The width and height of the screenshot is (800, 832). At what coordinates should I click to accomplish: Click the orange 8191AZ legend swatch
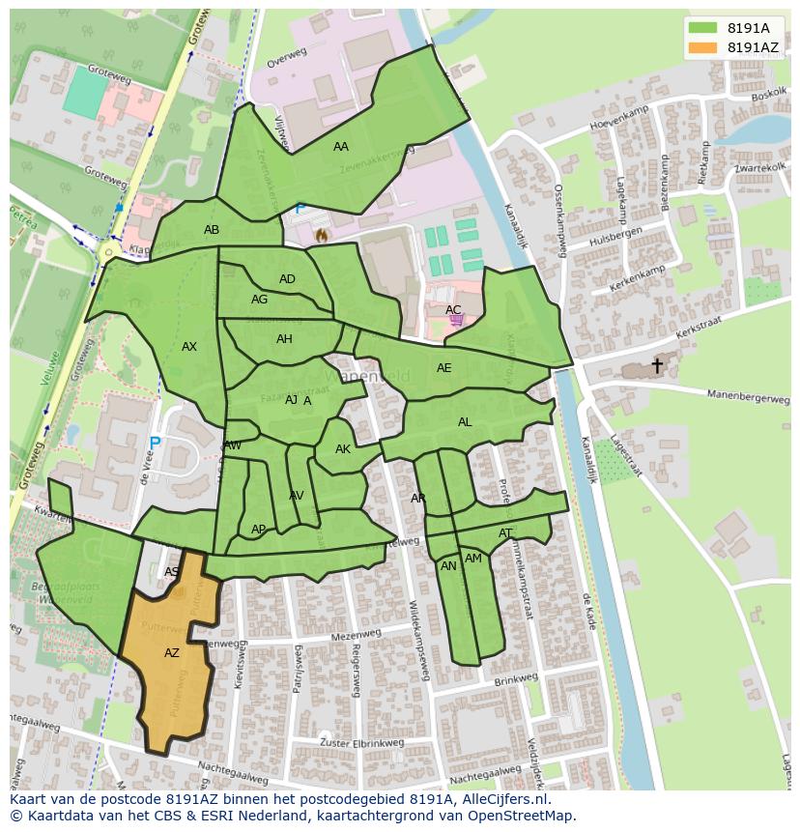703,47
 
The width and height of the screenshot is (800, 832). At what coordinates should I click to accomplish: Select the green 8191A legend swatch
703,28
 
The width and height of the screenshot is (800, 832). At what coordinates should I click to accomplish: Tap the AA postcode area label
340,147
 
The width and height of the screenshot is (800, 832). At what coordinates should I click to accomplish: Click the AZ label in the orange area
172,653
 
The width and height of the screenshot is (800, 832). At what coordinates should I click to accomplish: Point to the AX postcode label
189,347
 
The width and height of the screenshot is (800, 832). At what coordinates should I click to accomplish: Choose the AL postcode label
465,422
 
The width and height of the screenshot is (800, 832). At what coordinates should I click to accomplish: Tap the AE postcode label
443,368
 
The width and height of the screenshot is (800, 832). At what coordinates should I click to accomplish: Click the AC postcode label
453,310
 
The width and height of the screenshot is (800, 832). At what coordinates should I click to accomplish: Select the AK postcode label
343,449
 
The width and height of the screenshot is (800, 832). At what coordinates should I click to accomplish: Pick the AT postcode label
505,533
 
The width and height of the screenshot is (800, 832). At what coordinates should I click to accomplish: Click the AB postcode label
212,230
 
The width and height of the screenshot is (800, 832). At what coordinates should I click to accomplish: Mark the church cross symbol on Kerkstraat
657,365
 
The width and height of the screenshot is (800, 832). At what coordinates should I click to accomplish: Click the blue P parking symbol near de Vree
155,445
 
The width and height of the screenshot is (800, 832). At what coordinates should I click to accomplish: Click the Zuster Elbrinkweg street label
361,743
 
